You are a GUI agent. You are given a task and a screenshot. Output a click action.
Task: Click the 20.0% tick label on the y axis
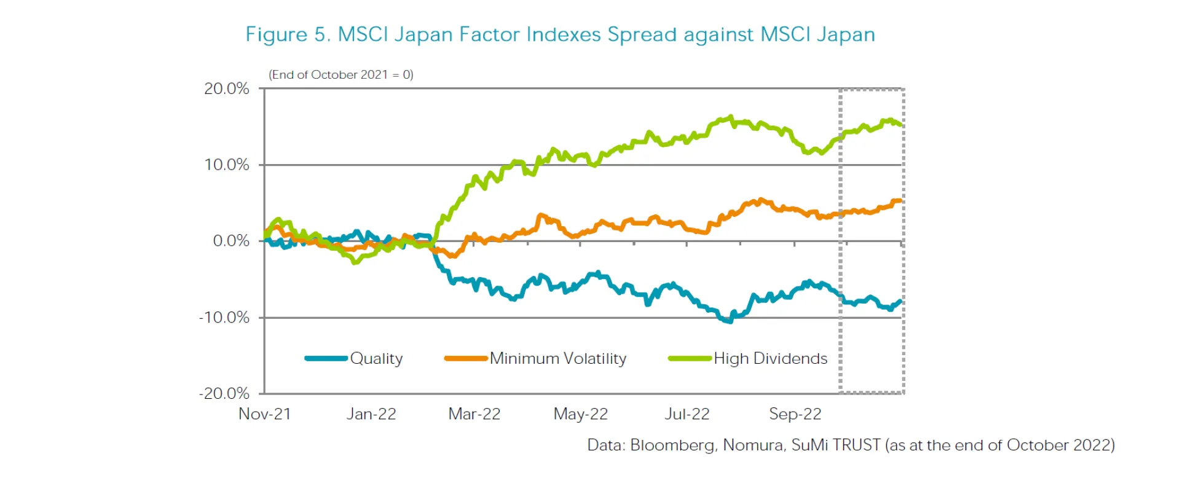click(226, 88)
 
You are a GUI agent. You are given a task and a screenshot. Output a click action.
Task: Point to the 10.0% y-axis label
click(226, 165)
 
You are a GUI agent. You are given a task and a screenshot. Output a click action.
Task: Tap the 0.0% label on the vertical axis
click(231, 241)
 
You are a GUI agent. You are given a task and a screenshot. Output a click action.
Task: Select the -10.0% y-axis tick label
click(224, 318)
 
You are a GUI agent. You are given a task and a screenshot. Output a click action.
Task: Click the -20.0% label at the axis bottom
click(224, 394)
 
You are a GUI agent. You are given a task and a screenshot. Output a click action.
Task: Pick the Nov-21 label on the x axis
click(264, 414)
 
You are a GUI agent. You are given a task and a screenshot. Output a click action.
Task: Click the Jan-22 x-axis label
click(371, 414)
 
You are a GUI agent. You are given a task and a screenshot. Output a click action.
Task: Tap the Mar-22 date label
click(474, 414)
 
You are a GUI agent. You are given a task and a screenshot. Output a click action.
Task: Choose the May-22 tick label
click(581, 414)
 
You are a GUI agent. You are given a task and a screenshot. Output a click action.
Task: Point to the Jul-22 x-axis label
click(687, 414)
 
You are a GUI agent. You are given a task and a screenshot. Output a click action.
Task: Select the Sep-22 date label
click(795, 414)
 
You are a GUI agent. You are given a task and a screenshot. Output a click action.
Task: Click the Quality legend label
click(376, 359)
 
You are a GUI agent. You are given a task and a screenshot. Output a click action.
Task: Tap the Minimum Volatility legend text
click(558, 359)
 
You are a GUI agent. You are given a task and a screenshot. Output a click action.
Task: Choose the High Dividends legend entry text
click(771, 359)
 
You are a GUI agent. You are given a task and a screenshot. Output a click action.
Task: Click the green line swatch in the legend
click(690, 358)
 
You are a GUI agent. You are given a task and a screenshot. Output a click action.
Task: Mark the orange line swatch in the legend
click(466, 358)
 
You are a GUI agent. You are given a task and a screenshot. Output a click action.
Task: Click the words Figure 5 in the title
click(288, 34)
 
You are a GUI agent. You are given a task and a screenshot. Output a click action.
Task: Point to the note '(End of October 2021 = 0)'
click(341, 75)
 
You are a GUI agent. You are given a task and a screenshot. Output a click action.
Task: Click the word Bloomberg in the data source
click(673, 445)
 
